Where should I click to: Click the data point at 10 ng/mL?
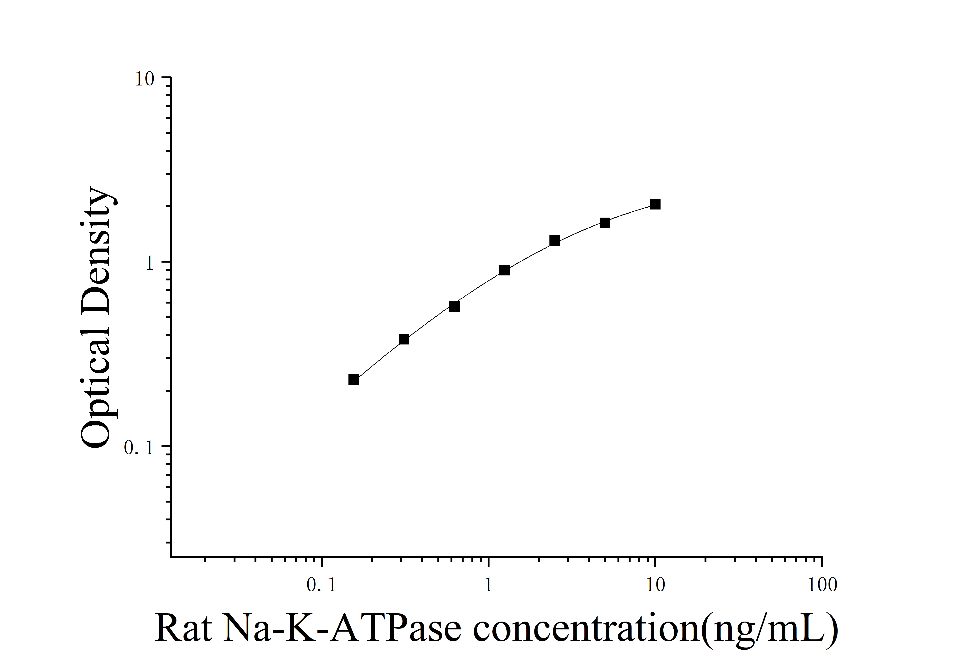pyautogui.click(x=655, y=204)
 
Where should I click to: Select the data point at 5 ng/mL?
pyautogui.click(x=605, y=223)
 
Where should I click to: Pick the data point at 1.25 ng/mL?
pyautogui.click(x=504, y=270)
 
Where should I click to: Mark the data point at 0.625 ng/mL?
pyautogui.click(x=454, y=307)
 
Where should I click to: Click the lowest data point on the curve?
pyautogui.click(x=353, y=379)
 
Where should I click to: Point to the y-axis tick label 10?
pyautogui.click(x=144, y=79)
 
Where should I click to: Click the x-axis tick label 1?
pyautogui.click(x=488, y=585)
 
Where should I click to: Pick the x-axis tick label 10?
pyautogui.click(x=656, y=585)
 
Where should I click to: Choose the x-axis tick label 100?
pyautogui.click(x=822, y=585)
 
